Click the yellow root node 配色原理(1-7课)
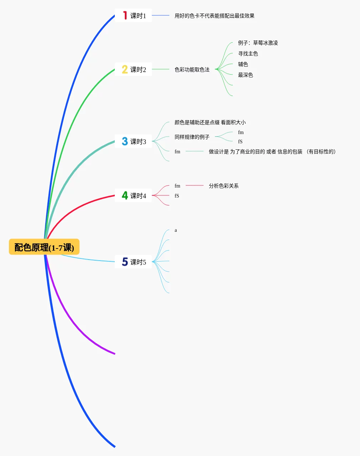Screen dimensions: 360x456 coord(44,247)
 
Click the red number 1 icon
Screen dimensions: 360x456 coord(125,15)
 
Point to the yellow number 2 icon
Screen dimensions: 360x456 coord(125,69)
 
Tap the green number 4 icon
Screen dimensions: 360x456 coord(125,195)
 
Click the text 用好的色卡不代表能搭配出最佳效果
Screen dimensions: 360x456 coord(215,16)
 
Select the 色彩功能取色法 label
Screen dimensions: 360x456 coord(192,70)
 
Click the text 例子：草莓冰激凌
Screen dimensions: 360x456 coord(258,43)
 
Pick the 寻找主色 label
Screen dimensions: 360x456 coord(248,53)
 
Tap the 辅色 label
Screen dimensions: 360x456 coord(243,64)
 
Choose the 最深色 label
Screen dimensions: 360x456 coord(246,75)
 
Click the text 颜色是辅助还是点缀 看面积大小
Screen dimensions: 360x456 coord(210,122)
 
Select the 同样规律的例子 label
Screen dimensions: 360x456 coord(192,137)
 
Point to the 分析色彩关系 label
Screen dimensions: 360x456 coord(224,186)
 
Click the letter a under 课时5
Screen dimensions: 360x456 coord(176,230)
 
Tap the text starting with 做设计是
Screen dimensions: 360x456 coord(272,152)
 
